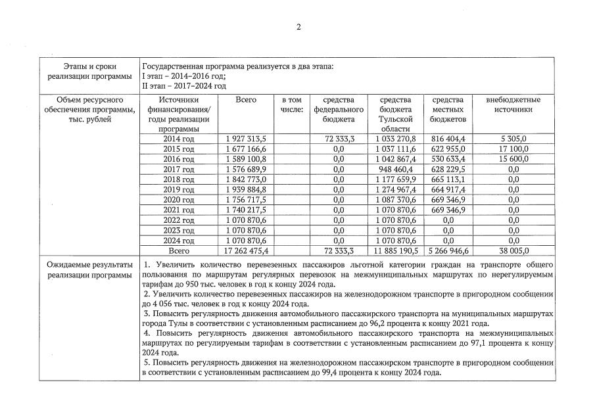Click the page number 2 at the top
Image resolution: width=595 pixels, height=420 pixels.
pyautogui.click(x=298, y=27)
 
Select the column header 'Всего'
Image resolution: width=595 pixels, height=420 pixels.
pyautogui.click(x=245, y=100)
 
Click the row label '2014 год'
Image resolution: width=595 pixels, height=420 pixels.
pyautogui.click(x=179, y=139)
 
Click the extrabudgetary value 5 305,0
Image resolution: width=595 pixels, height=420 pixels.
pyautogui.click(x=513, y=139)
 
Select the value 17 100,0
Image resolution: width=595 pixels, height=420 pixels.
pyautogui.click(x=513, y=149)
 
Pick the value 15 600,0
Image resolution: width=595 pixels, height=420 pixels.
pyautogui.click(x=513, y=159)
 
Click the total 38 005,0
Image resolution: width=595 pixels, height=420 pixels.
pyautogui.click(x=513, y=250)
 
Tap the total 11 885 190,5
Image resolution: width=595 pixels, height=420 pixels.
pyautogui.click(x=394, y=250)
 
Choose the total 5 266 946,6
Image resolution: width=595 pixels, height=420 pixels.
pyautogui.click(x=448, y=250)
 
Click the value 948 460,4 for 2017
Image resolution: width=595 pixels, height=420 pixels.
pyautogui.click(x=394, y=169)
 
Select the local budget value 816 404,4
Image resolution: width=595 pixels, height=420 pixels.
pyautogui.click(x=448, y=139)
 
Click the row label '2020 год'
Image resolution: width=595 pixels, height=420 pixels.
pyautogui.click(x=179, y=200)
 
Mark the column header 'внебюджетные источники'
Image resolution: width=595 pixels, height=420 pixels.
pyautogui.click(x=513, y=105)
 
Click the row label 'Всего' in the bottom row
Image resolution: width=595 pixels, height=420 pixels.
pyautogui.click(x=179, y=250)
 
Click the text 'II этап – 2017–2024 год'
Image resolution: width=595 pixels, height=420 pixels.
pyautogui.click(x=184, y=86)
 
